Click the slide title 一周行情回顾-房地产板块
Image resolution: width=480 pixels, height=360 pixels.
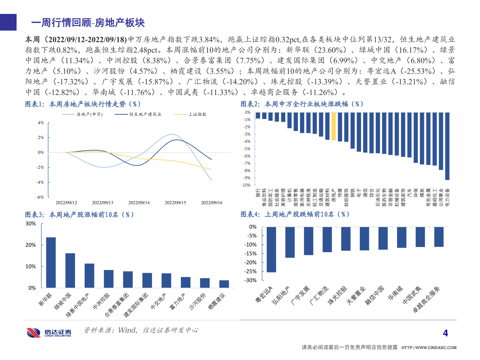88,23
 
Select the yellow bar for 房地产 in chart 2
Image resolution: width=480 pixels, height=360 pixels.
334,126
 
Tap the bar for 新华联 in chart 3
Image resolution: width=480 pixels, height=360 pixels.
51,262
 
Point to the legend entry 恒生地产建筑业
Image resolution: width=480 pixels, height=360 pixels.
145,114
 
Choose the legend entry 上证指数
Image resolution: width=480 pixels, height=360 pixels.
197,114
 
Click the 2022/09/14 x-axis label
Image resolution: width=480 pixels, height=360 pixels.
139,203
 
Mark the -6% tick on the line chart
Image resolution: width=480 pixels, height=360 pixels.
40,197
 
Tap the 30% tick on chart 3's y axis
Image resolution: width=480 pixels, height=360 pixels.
31,224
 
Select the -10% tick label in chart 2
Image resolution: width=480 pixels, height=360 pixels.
246,185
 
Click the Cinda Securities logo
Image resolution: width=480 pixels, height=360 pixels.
49,332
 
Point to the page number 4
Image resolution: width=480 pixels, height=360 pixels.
445,333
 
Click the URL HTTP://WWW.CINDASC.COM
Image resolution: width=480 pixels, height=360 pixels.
429,348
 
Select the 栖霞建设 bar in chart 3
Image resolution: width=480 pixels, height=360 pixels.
224,284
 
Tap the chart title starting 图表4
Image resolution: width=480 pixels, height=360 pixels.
295,214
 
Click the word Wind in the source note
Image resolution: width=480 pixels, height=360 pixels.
127,330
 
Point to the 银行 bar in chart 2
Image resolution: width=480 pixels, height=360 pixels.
258,115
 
